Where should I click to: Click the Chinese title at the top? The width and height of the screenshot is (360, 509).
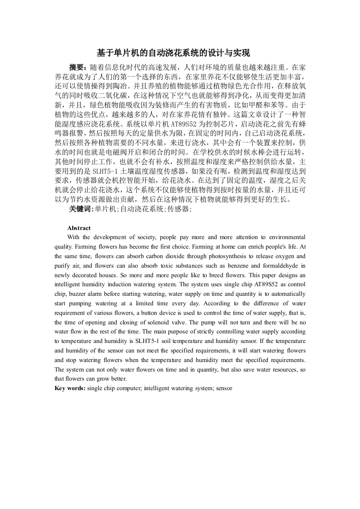[180, 53]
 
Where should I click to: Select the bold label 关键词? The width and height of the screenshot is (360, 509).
[81, 209]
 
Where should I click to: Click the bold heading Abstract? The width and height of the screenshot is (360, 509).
[79, 228]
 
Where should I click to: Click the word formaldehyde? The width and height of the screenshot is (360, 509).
[278, 266]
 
